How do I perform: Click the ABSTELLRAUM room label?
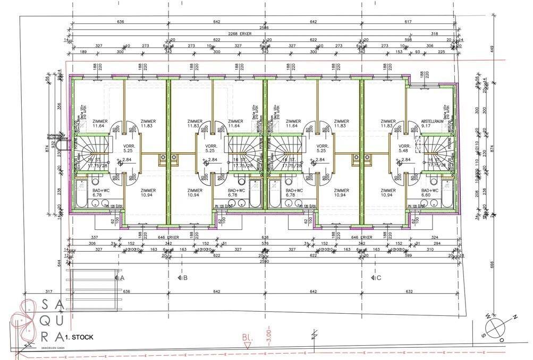(432, 121)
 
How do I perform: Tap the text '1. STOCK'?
(80, 337)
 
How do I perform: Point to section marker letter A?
(122, 277)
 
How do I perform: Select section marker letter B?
(184, 277)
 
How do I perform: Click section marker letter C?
(378, 277)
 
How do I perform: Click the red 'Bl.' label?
(246, 337)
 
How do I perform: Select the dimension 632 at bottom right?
(409, 291)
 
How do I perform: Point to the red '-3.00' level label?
(269, 335)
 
